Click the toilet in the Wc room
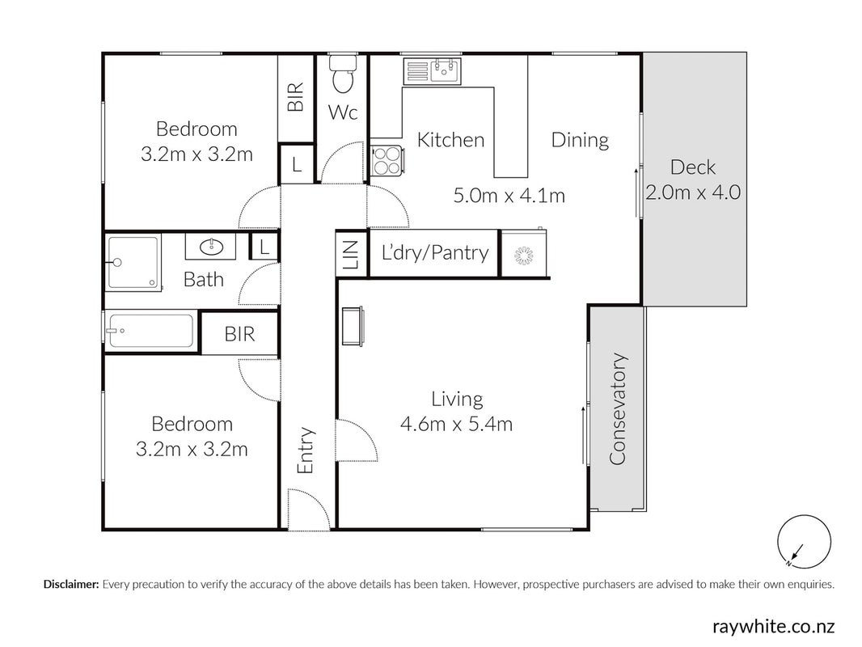(343, 74)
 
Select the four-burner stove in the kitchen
(387, 160)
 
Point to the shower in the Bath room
(133, 261)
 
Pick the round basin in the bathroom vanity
(210, 247)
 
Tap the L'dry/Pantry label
(435, 252)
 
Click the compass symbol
(804, 541)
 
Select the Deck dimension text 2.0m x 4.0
(693, 192)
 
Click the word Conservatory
(619, 409)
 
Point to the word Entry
(305, 450)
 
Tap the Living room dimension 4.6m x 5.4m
(457, 424)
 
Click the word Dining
(580, 140)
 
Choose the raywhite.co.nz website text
(774, 626)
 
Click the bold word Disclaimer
(71, 585)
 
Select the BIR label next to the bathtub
(239, 334)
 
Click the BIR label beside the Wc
(296, 96)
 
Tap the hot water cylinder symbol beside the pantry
(525, 255)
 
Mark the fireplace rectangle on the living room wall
(352, 327)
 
